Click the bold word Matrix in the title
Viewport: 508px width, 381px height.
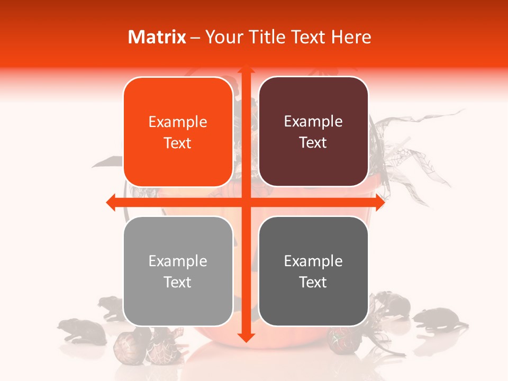[157, 37]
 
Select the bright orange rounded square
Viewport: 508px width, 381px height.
[178, 132]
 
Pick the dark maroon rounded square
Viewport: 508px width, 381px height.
[313, 132]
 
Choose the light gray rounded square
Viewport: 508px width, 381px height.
[178, 271]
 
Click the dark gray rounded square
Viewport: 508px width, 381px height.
[313, 271]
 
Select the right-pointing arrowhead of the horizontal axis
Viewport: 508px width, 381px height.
[379, 202]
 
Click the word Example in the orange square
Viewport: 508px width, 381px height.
[178, 122]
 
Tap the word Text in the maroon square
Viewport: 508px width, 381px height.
[313, 143]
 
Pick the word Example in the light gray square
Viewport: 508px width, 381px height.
[178, 261]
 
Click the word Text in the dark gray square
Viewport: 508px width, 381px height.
[313, 282]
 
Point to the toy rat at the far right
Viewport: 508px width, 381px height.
[439, 320]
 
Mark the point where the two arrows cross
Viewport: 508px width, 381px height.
[246, 202]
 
